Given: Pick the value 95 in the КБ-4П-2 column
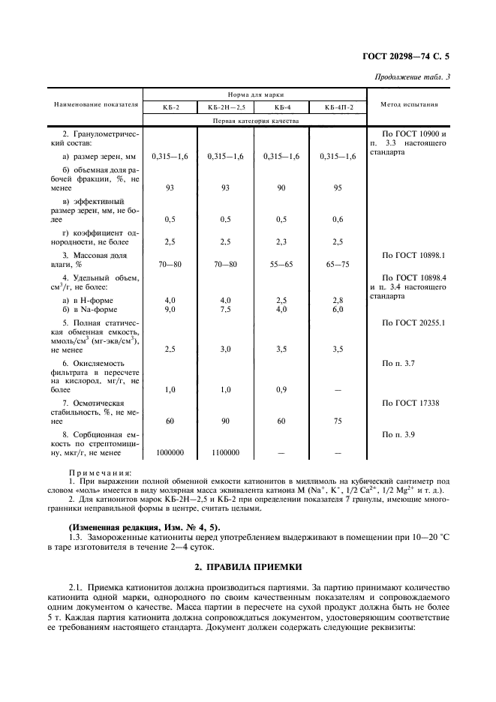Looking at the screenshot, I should tap(337, 189).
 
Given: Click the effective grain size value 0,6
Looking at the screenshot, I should tap(337, 219).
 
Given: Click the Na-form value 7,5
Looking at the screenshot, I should tap(226, 309).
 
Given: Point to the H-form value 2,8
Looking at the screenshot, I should tap(337, 300).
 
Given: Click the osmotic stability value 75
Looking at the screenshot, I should tap(337, 421).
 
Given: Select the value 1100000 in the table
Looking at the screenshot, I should tap(226, 452).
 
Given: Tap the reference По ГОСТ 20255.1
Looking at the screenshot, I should tap(414, 322).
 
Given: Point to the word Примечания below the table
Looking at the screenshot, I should tap(100, 473).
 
